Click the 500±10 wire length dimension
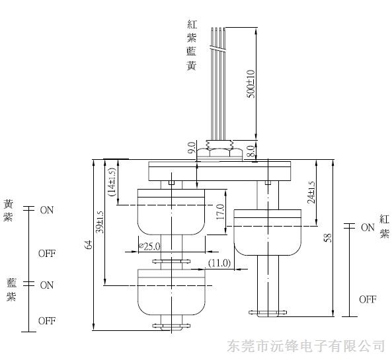(251, 84)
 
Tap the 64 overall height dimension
(89, 244)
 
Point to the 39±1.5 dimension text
(100, 222)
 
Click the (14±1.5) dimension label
(112, 182)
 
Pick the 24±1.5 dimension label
(311, 192)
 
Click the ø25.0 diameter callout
(149, 246)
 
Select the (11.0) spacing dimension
(219, 263)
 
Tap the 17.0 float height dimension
(220, 212)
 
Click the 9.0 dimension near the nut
(192, 148)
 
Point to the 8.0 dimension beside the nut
(251, 151)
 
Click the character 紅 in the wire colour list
(192, 24)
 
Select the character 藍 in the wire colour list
(192, 52)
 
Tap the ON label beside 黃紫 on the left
(47, 210)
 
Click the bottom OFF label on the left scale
(47, 321)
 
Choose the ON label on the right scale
(368, 227)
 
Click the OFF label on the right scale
(368, 299)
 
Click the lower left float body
(171, 292)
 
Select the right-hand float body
(267, 233)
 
